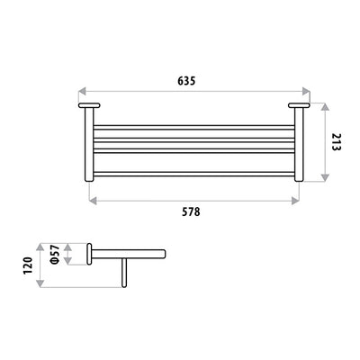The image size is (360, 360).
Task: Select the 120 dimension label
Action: tap(29, 265)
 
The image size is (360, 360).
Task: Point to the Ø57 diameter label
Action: tap(55, 256)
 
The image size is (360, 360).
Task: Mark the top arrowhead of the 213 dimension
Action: tap(323, 105)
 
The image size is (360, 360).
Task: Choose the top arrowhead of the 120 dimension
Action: tap(41, 244)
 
